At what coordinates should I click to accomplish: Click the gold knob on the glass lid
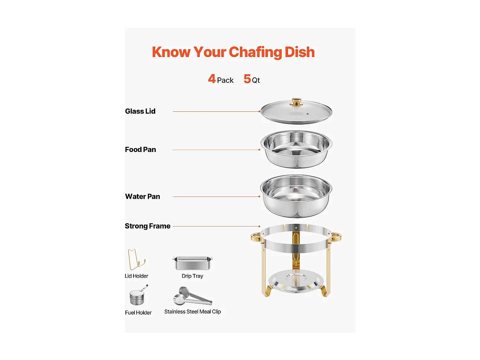coord(297,102)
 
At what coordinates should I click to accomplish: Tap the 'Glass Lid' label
coord(140,111)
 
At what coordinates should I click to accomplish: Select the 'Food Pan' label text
coord(140,150)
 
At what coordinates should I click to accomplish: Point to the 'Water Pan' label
coord(142,196)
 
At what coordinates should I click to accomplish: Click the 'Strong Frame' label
coord(148,226)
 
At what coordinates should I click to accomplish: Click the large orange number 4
coord(212,79)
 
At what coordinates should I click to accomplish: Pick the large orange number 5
coord(247,79)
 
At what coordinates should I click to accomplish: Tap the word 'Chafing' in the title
coord(255,52)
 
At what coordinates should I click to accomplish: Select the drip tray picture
coord(192,263)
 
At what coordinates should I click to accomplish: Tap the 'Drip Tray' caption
coord(192,276)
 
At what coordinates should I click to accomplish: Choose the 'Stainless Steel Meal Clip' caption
coord(192,312)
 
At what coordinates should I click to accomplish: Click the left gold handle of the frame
coord(256,237)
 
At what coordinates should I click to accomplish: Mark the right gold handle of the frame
coord(336,237)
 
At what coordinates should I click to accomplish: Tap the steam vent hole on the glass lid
coord(308,114)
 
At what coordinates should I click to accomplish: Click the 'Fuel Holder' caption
coord(138,313)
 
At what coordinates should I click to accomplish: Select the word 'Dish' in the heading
coord(300,52)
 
